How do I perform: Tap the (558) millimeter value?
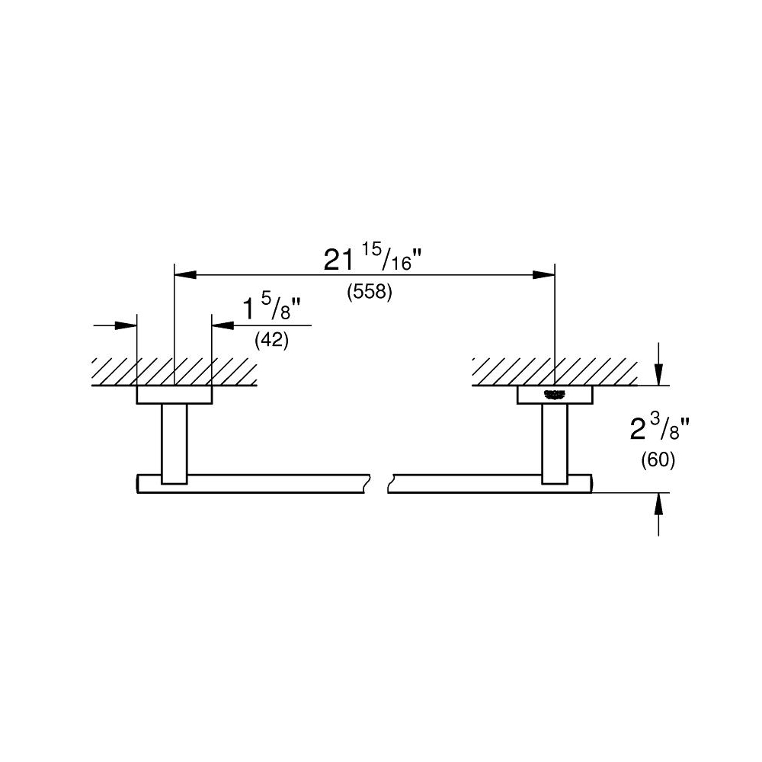370,293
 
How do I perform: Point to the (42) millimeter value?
271,341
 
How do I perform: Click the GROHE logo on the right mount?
554,394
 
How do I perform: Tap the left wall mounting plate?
174,395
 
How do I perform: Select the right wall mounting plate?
554,395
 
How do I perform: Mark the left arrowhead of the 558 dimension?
185,274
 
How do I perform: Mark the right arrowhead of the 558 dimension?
544,274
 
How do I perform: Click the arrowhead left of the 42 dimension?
126,325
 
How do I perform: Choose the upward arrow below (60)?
659,504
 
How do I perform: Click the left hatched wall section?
174,371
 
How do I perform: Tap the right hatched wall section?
554,371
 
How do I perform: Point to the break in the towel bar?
379,484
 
